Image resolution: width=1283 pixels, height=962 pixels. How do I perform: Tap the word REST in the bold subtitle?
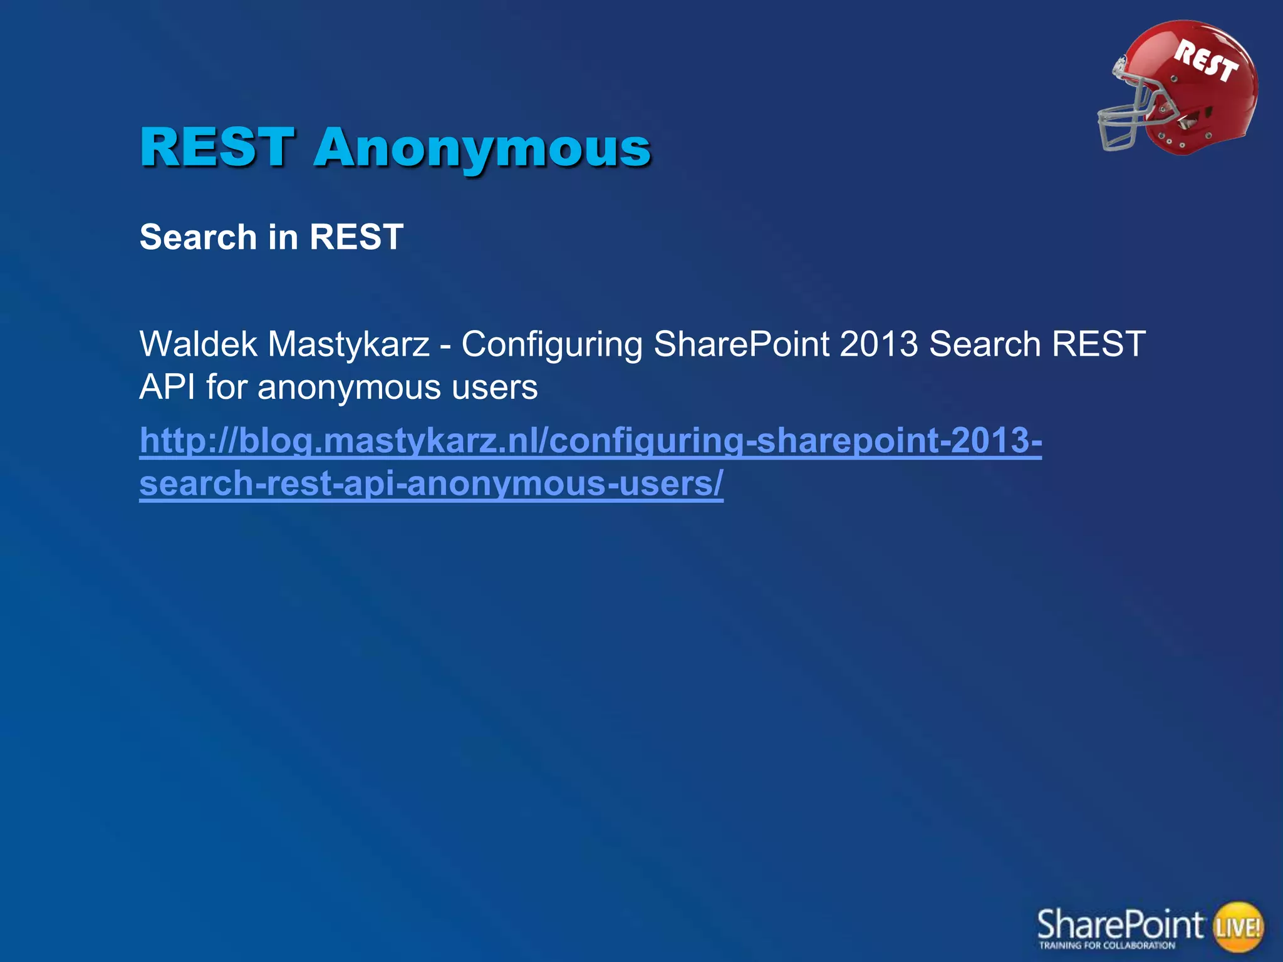pyautogui.click(x=356, y=237)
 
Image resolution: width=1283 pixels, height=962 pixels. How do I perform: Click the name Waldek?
pyautogui.click(x=198, y=344)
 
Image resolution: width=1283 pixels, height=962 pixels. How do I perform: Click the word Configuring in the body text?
pyautogui.click(x=551, y=345)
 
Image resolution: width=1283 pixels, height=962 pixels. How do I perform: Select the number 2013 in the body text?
pyautogui.click(x=878, y=344)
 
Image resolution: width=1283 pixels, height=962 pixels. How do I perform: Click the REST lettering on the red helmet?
pyautogui.click(x=1206, y=61)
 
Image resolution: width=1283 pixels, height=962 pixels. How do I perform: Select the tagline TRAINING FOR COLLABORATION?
pyautogui.click(x=1107, y=946)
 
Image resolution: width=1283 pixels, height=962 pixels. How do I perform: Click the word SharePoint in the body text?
pyautogui.click(x=741, y=344)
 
